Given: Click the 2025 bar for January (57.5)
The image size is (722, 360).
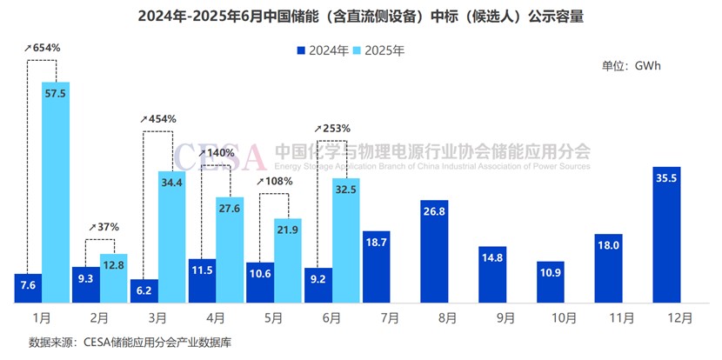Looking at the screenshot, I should tap(56, 191).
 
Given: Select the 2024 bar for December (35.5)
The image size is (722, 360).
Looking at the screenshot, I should tap(665, 235).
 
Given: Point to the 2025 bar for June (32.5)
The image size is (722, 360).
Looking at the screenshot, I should tap(346, 240).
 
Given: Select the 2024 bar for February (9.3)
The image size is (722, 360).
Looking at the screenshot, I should tap(86, 284).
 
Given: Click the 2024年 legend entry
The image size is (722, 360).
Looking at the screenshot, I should tap(321, 50).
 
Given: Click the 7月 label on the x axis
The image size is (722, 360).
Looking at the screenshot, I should tap(375, 318).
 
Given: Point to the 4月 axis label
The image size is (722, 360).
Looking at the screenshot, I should tap(202, 318).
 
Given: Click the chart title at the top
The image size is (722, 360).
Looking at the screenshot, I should tap(360, 15).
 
